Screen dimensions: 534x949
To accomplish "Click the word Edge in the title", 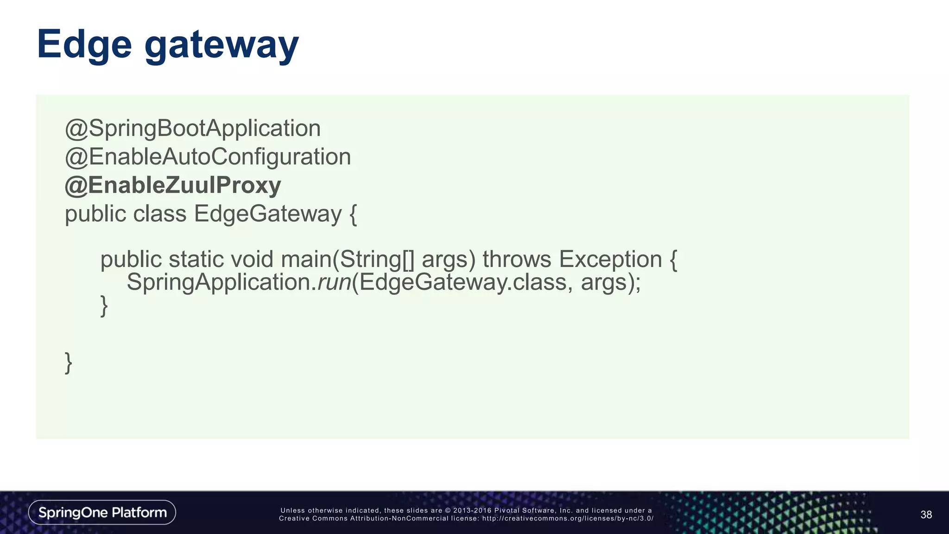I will click(84, 45).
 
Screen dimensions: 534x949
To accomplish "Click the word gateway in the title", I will click(221, 46).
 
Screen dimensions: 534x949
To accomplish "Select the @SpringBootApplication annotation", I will click(193, 128).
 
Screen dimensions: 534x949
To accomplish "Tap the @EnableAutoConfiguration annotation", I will click(208, 157).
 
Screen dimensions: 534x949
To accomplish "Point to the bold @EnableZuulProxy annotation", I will click(173, 185).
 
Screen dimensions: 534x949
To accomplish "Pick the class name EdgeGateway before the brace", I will click(267, 214).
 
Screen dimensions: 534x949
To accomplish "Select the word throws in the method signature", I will click(517, 259).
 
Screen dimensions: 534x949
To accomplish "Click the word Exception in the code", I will click(610, 259).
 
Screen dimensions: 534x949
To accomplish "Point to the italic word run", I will click(334, 282).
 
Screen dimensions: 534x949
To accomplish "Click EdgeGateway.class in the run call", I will click(463, 282).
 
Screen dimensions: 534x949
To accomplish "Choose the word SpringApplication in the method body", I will click(221, 282).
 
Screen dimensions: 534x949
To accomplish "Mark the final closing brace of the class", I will click(69, 363).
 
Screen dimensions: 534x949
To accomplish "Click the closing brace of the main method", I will click(104, 306).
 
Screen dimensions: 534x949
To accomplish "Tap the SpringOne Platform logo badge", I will click(102, 512).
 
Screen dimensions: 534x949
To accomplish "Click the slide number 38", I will click(926, 515).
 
